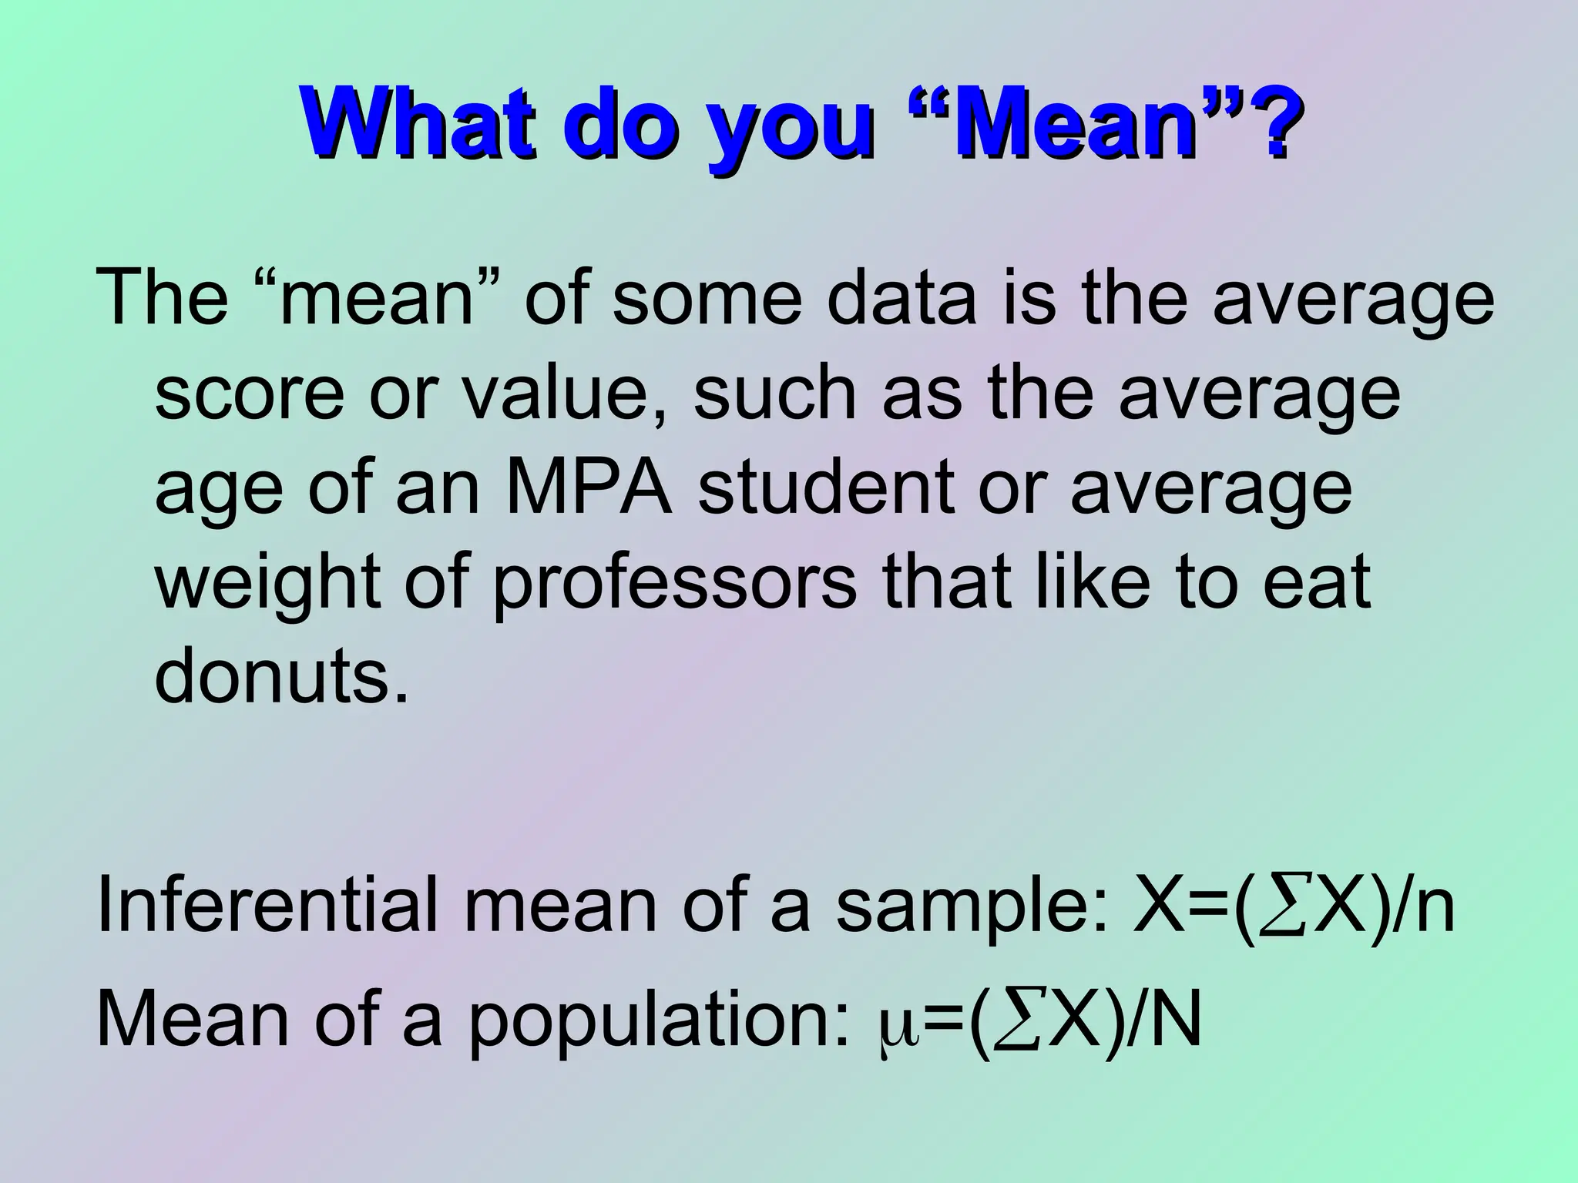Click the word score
250,394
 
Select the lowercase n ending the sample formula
1433,910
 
